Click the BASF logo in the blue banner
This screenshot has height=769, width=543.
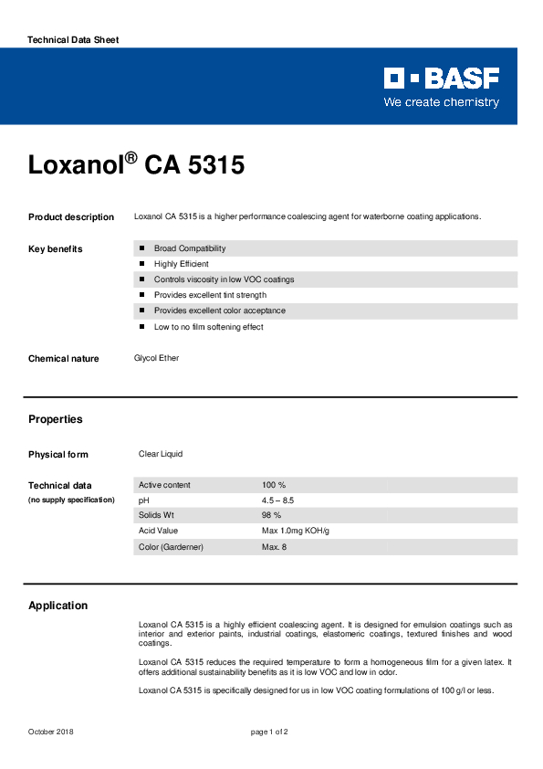coord(441,79)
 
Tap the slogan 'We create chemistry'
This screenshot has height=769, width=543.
coord(441,102)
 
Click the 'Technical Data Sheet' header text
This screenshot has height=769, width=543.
coord(73,40)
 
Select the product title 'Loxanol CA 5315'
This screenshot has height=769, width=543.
coord(136,165)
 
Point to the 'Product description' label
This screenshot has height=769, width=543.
coord(71,217)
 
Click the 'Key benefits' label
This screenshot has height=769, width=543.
coord(55,249)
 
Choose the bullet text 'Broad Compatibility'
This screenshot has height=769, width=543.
coord(190,248)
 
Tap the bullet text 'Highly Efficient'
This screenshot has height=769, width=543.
coord(181,264)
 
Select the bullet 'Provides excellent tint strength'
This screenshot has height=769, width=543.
coord(210,295)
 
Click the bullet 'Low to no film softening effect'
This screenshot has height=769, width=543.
coord(208,327)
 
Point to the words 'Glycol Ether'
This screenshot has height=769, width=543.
coord(157,358)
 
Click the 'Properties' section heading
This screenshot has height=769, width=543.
coord(55,419)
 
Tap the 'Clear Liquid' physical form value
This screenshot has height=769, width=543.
coord(161,454)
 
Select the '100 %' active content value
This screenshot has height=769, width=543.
coord(274,485)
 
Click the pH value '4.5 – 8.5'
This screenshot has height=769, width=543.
coord(277,500)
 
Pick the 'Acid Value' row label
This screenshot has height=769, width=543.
coord(158,531)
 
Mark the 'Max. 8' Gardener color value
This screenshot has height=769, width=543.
coord(274,546)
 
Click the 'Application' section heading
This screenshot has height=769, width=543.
coord(57,606)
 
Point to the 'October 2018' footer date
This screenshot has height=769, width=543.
coord(51,732)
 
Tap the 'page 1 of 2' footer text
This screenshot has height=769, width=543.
coord(269,732)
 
